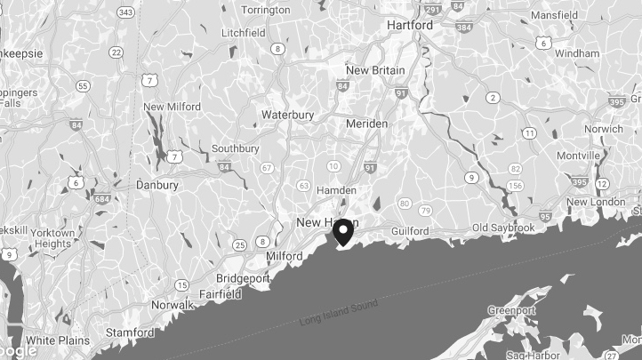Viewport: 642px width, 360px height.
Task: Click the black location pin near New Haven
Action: pos(342,232)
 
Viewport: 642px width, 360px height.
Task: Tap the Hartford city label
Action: pos(410,26)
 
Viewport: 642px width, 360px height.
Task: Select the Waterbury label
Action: pos(287,115)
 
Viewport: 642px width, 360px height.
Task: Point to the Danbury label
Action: pos(157,185)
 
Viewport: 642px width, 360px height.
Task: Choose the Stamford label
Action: pos(129,333)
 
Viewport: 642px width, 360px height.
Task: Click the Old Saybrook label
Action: pos(503,228)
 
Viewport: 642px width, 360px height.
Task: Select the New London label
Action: pos(596,202)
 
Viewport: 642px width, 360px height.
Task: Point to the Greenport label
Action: pos(511,310)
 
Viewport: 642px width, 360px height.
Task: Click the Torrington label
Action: pos(265,10)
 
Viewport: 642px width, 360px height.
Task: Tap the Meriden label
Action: pos(366,124)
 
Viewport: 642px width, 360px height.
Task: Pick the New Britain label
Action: pos(375,70)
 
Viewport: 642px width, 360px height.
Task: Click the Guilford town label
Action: pos(409,231)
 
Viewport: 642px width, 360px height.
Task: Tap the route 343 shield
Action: pos(126,12)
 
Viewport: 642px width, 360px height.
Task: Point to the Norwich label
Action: pos(604,129)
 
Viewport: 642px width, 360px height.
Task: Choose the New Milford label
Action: pos(172,107)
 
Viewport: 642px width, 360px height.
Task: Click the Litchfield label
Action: pos(244,32)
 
